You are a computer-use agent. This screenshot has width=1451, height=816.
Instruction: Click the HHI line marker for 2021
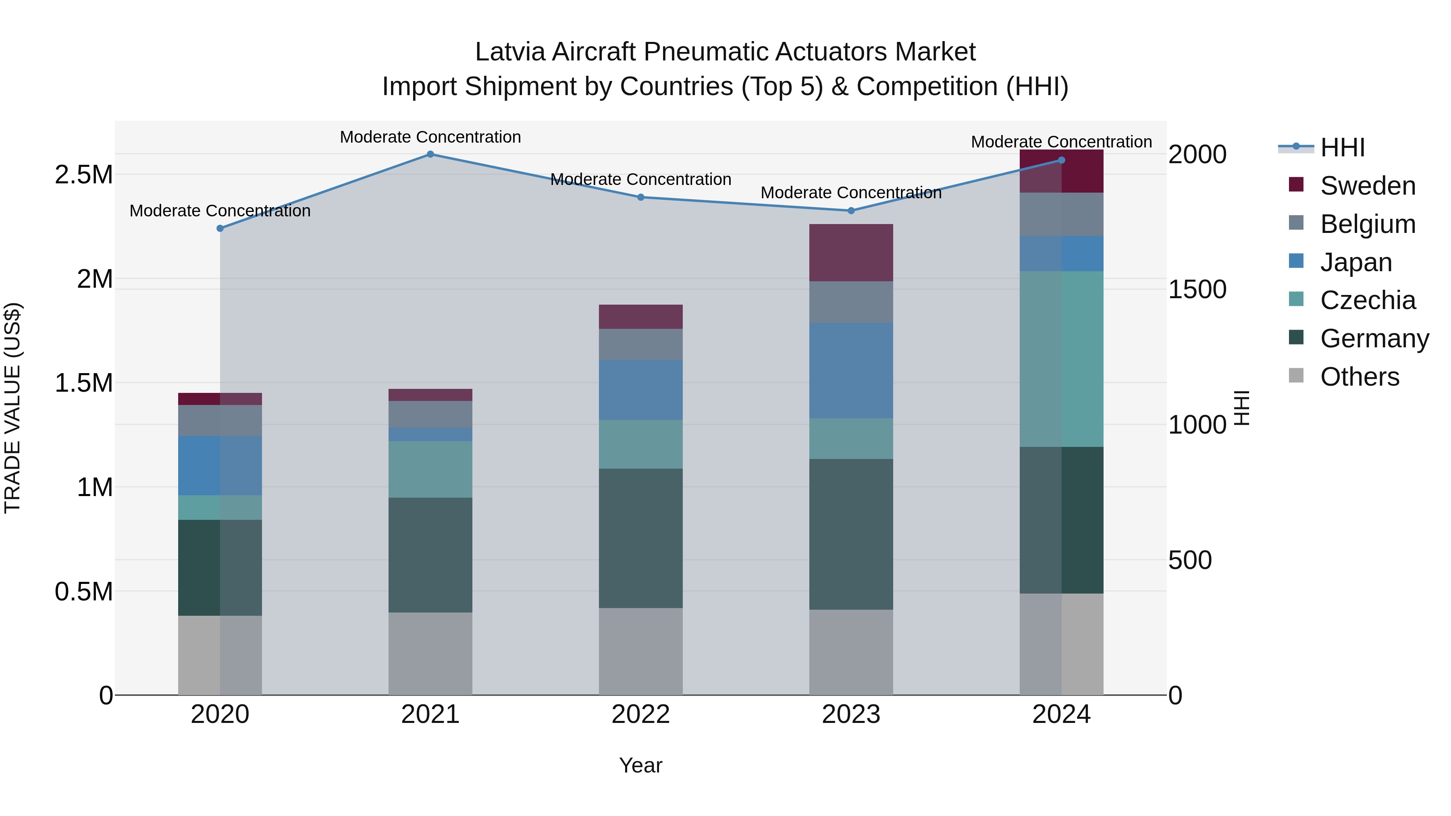tap(430, 154)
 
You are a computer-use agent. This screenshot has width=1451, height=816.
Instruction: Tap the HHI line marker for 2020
tap(220, 228)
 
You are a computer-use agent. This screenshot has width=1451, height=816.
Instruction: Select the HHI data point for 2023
tap(851, 211)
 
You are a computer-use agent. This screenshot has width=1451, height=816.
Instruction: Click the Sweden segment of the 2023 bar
tap(851, 252)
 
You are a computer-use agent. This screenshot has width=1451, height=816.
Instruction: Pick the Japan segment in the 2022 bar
tap(640, 390)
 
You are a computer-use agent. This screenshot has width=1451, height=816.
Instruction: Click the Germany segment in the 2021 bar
tap(430, 555)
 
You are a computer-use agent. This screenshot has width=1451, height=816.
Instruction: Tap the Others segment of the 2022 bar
tap(640, 651)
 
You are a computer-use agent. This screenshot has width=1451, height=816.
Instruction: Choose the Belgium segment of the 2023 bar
tap(851, 302)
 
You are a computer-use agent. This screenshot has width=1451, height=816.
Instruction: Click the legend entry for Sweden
tap(1367, 186)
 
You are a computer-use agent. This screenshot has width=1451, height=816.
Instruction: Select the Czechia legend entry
tap(1367, 300)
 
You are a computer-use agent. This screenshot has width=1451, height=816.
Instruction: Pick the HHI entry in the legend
tap(1342, 147)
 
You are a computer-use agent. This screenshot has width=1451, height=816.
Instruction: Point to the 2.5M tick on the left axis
tap(83, 174)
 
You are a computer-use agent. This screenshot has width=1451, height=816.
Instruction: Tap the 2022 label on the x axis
tap(640, 714)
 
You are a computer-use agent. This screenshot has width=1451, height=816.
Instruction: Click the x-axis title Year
tap(640, 765)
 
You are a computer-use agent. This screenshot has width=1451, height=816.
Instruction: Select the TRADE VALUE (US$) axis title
tap(12, 408)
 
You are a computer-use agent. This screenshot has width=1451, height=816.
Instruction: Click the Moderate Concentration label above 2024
tap(1061, 142)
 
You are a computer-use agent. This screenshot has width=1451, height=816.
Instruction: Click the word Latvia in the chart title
tap(510, 52)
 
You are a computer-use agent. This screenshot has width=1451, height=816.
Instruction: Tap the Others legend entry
tap(1359, 377)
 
